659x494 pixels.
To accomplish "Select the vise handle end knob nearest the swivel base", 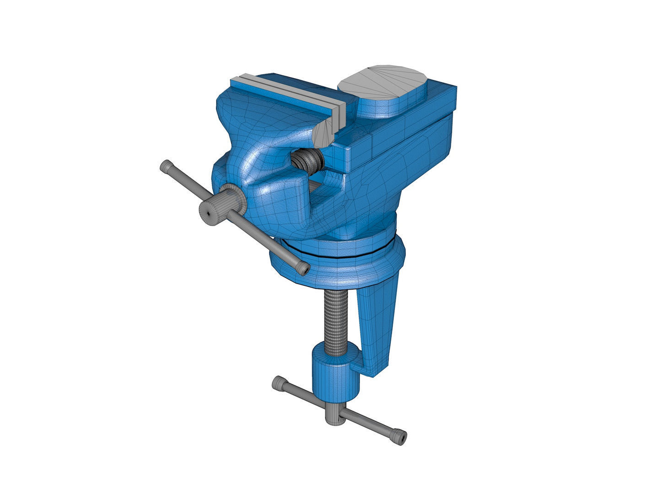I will [x=303, y=268].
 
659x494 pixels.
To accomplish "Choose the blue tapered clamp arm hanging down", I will [x=378, y=320].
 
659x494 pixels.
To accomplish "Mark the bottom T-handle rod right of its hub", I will [x=371, y=423].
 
